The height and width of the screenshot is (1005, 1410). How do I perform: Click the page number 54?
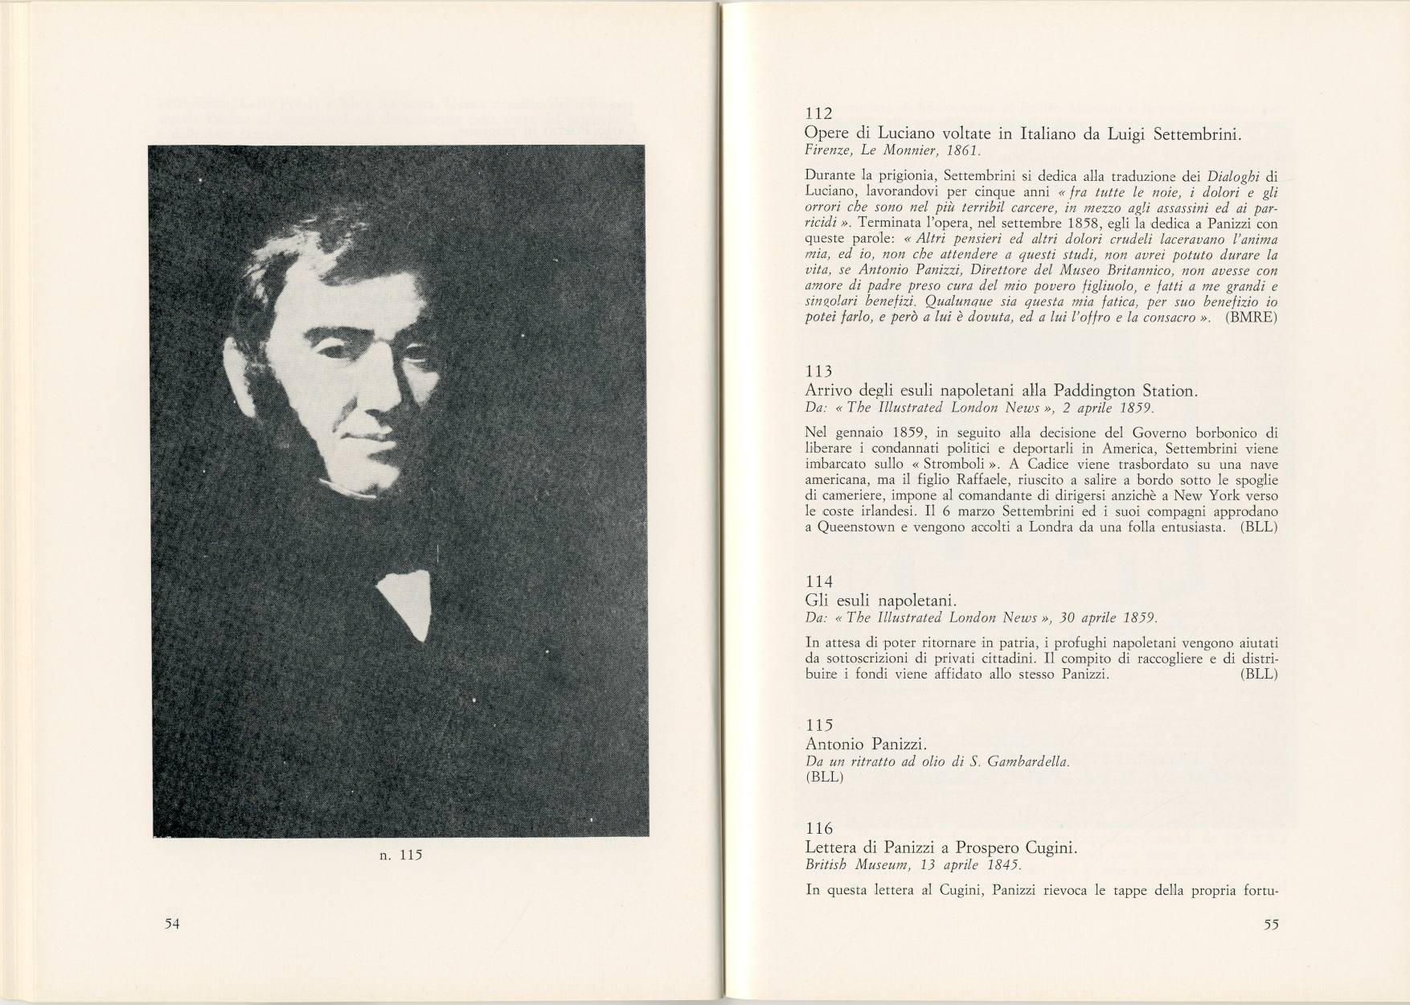[x=171, y=924]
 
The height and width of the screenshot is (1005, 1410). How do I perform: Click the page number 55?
[x=1271, y=925]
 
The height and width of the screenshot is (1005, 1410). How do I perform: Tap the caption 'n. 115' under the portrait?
[x=400, y=855]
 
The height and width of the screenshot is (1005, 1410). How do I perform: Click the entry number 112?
[x=818, y=114]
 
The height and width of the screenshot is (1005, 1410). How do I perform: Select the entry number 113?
[x=818, y=371]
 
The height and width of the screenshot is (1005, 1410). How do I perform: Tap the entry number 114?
[x=818, y=581]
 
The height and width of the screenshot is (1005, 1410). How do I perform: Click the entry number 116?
[x=818, y=828]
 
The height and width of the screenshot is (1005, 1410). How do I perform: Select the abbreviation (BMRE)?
[x=1252, y=318]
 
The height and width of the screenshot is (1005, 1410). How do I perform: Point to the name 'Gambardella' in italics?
[x=1029, y=761]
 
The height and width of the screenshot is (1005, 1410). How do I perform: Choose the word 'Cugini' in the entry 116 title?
[x=1049, y=848]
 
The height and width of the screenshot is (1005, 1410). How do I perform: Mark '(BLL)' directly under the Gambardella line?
[x=823, y=777]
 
